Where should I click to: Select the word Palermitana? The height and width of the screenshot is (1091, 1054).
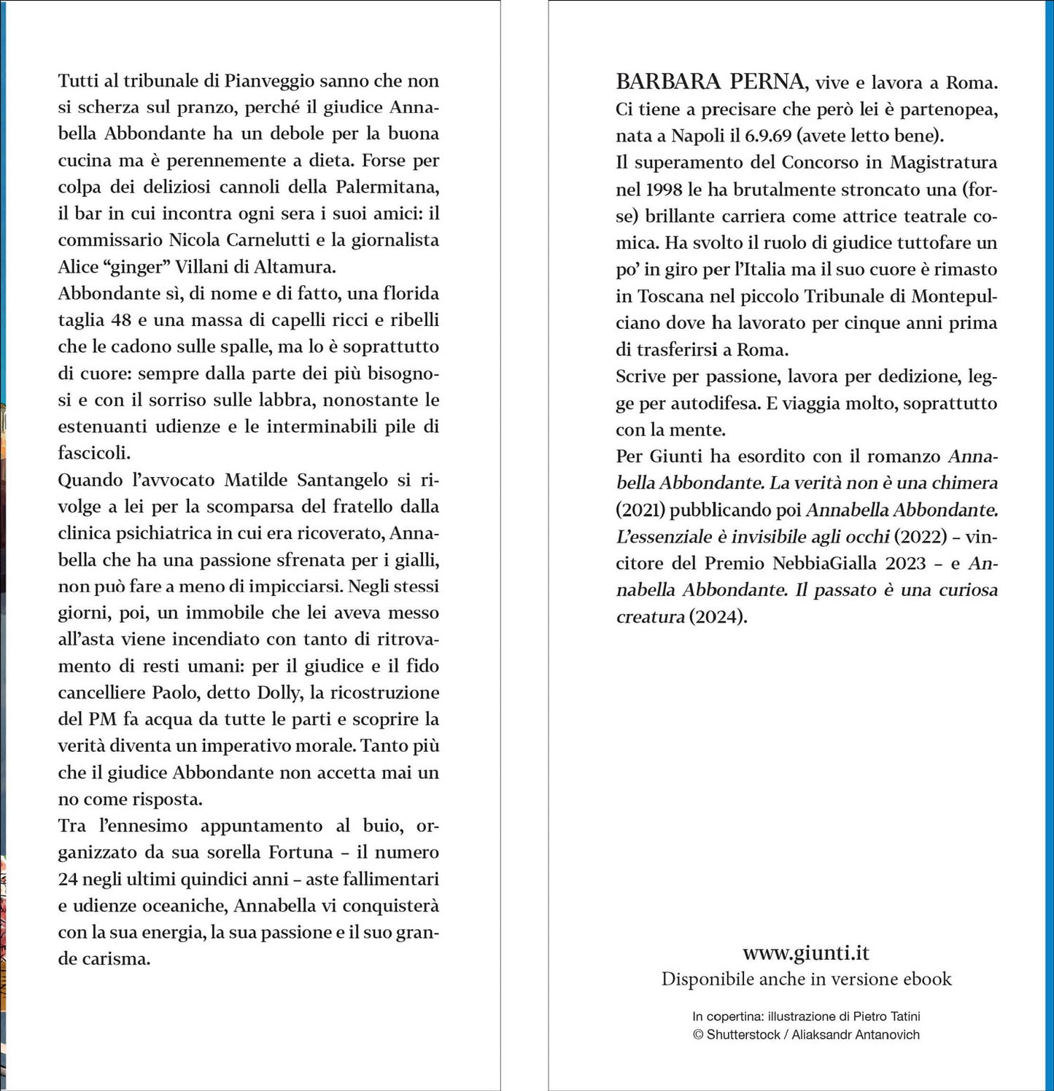tap(387, 187)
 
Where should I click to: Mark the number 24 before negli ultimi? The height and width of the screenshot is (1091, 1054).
tap(68, 879)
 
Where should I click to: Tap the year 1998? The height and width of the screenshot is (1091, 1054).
tap(663, 189)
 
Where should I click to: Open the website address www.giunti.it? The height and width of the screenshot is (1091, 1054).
tap(806, 952)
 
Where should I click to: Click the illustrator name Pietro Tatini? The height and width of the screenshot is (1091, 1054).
tap(883, 1016)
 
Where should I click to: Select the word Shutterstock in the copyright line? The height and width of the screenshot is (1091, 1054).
tap(743, 1034)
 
